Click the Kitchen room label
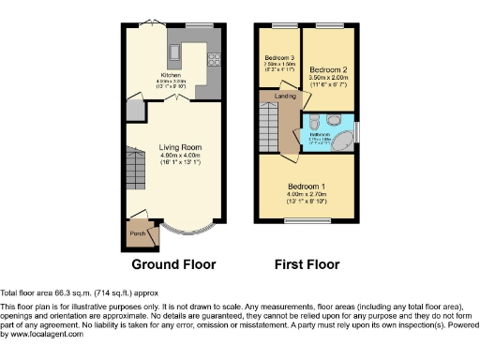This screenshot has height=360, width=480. [171, 73]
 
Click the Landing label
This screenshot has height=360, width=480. [285, 97]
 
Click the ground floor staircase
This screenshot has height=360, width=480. [138, 173]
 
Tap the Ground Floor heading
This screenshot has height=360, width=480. [173, 264]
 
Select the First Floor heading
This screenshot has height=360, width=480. [307, 264]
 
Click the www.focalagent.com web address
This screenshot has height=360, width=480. [43, 334]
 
